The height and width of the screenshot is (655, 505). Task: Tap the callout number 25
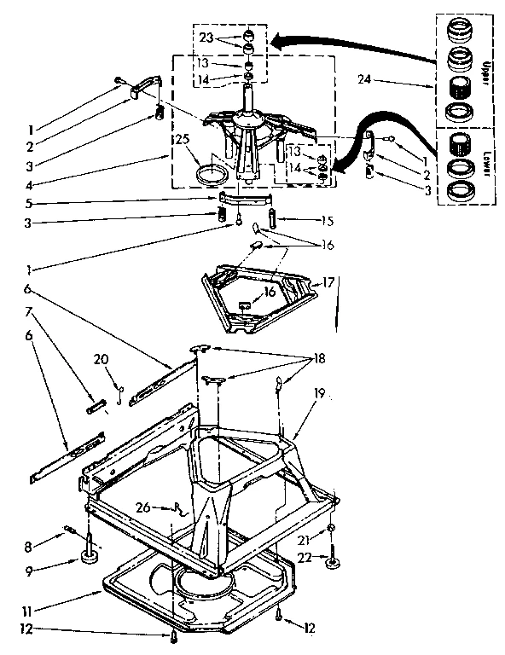coord(181,140)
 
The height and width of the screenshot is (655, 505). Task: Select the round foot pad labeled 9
coord(89,559)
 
